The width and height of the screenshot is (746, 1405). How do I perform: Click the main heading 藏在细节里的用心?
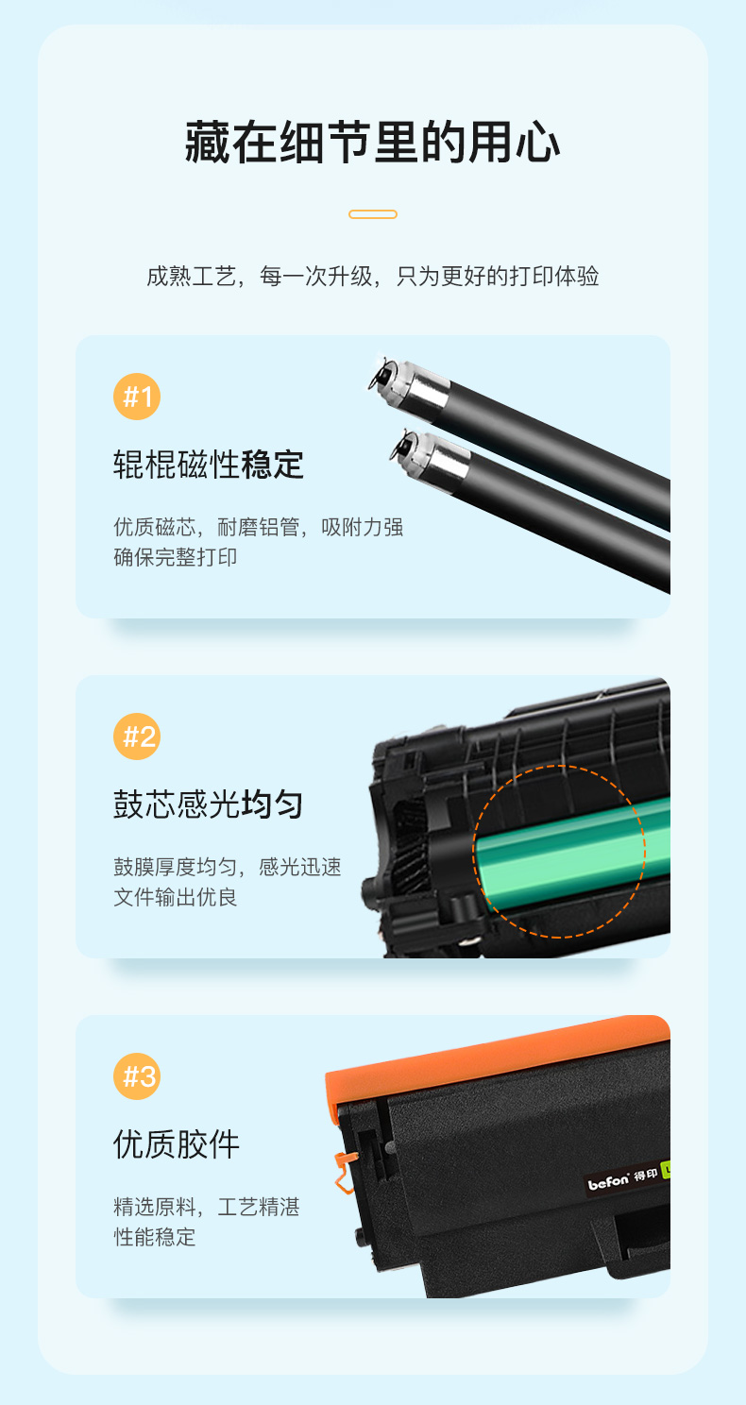point(373,143)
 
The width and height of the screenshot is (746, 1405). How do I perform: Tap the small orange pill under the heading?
point(373,214)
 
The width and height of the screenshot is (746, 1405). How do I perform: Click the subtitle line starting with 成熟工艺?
point(373,276)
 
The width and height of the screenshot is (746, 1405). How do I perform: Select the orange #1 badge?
point(137,397)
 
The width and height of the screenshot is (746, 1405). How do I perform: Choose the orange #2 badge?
point(137,736)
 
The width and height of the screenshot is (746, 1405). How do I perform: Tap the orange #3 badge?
point(137,1076)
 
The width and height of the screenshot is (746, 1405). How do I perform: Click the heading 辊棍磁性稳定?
point(209,465)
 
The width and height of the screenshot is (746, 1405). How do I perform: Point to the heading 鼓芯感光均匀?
point(209,804)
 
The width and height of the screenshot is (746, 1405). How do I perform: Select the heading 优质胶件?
point(177,1144)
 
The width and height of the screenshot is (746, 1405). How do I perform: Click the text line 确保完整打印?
point(175,557)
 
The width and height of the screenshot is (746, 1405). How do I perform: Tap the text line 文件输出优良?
point(175,897)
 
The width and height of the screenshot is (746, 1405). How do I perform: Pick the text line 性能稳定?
point(154,1237)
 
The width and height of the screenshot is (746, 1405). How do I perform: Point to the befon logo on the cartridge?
point(608,1183)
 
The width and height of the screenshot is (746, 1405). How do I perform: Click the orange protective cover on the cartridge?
point(496,1060)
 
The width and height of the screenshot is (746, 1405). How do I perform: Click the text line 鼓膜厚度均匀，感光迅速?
point(228,867)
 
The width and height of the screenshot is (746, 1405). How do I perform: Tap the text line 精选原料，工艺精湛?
point(207,1207)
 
